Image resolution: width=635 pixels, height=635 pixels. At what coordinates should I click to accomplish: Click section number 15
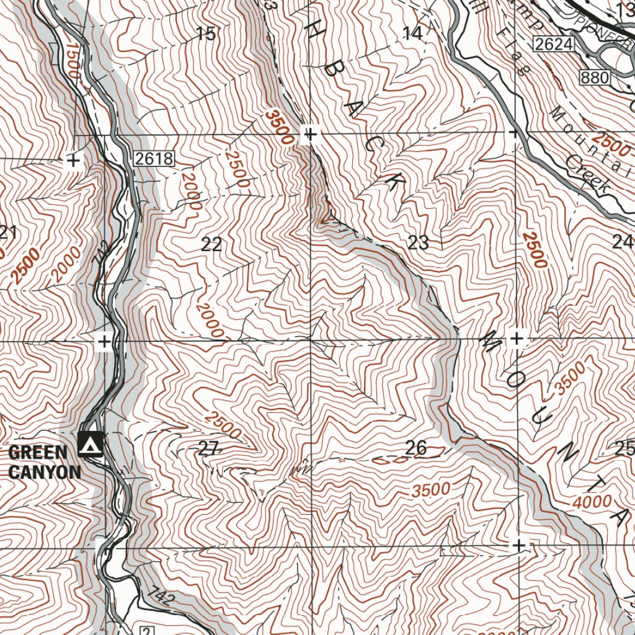pos(206,34)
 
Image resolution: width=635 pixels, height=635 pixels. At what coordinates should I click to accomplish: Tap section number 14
pos(413,34)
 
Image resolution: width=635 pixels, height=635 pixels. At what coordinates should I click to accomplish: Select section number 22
pos(211,244)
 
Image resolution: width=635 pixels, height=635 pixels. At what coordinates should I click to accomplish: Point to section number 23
pos(419,242)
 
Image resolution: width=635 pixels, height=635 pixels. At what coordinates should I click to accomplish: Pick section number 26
pos(415,447)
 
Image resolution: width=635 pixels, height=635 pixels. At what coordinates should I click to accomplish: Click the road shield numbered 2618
pos(154,159)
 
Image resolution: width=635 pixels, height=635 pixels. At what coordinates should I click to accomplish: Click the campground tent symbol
pos(91,444)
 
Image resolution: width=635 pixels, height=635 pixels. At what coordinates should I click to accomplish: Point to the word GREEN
pos(37,452)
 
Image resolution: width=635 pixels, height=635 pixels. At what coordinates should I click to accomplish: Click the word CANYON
pos(45,473)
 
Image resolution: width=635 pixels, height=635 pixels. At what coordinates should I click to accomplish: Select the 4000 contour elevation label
pos(592,502)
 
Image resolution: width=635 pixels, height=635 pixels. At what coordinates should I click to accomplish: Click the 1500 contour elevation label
pos(73,60)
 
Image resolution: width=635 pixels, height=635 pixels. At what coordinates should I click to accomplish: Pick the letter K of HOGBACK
pos(395,180)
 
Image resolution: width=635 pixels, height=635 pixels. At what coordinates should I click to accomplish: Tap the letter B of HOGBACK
pos(335,81)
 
